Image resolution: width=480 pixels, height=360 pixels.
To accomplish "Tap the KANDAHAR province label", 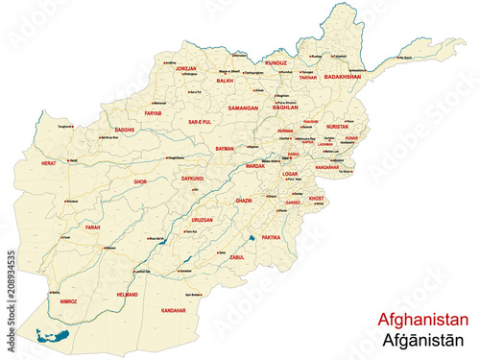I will [174, 311].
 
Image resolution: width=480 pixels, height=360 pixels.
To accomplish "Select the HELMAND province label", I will [128, 295].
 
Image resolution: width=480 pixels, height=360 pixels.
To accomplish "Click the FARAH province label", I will [93, 228].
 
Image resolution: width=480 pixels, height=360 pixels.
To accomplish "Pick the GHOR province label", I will [140, 180].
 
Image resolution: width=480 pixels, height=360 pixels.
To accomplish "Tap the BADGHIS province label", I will [125, 129].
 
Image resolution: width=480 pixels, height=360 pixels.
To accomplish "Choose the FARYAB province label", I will [154, 113].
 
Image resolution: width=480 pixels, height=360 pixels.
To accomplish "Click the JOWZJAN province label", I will [186, 69].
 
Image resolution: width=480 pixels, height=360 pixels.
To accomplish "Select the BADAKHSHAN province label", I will [344, 75].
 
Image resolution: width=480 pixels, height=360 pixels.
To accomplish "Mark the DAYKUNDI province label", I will [192, 179].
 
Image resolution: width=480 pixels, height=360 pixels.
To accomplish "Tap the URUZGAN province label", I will [202, 220].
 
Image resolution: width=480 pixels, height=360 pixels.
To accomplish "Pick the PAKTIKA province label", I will [273, 235].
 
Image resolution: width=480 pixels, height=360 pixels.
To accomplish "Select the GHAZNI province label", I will [244, 201].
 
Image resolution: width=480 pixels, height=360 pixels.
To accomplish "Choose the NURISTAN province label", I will [337, 126].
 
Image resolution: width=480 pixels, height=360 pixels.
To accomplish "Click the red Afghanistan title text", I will [423, 320].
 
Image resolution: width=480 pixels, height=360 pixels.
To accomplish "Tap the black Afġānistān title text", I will [423, 340].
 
